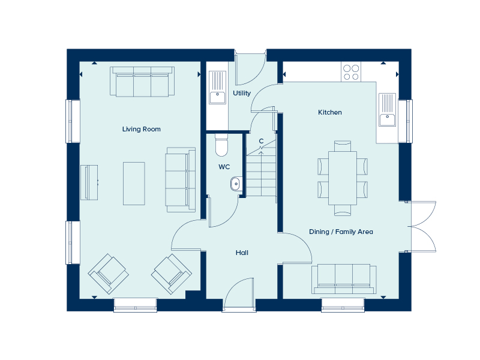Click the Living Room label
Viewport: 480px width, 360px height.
click(141, 129)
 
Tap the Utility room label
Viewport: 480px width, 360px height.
click(242, 93)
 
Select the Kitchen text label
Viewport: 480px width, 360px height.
click(329, 112)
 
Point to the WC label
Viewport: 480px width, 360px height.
click(224, 166)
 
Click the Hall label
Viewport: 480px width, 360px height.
click(242, 253)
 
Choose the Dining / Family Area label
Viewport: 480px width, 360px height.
click(341, 232)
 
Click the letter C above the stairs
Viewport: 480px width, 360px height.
click(261, 142)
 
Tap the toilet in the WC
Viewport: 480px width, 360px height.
click(221, 145)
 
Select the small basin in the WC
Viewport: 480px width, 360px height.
click(235, 184)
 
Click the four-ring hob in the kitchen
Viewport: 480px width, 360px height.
click(351, 72)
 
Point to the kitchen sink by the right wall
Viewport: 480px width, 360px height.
click(387, 110)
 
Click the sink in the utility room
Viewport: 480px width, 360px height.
click(217, 88)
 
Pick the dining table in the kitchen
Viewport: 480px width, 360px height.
click(342, 178)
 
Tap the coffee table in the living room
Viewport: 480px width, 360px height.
click(134, 183)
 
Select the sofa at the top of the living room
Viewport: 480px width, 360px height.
click(142, 82)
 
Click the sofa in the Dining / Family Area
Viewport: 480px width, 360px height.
click(344, 279)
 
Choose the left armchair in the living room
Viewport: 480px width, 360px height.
click(108, 273)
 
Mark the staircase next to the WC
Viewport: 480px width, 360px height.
click(260, 171)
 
